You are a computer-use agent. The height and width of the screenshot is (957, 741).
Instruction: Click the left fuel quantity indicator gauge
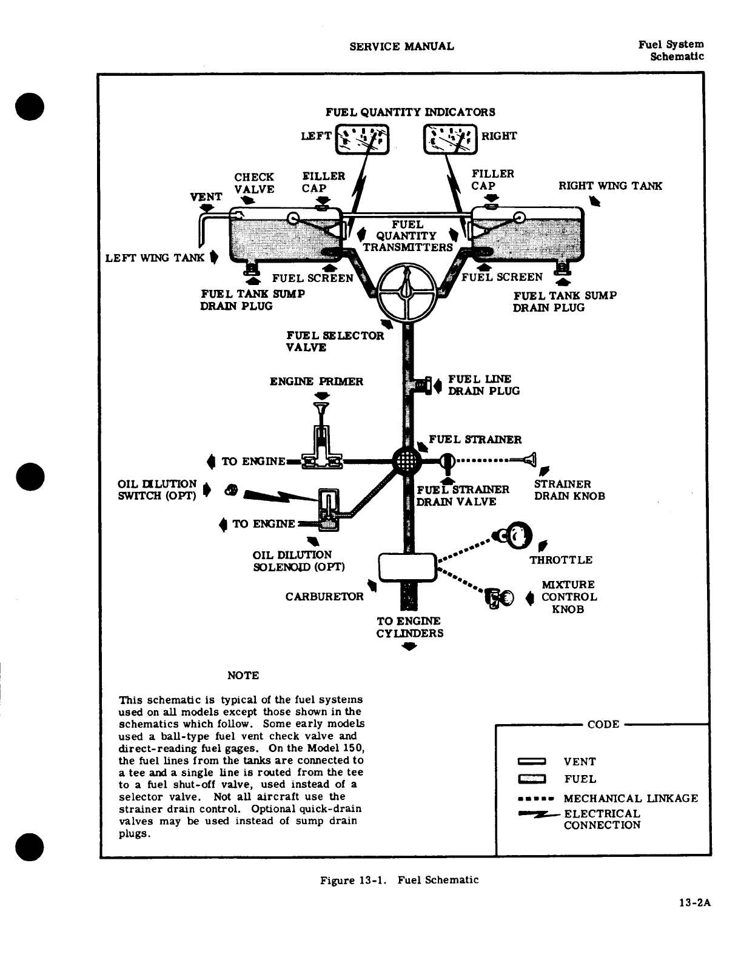(x=362, y=140)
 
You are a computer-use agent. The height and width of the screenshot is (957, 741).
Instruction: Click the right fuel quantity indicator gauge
(x=451, y=139)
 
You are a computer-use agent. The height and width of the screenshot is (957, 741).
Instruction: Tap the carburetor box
(x=407, y=568)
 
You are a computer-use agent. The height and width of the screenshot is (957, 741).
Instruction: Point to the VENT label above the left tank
(x=206, y=197)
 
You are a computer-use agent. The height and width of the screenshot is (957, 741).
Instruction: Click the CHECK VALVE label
(x=254, y=183)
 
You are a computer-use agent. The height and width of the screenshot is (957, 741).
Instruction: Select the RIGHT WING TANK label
(x=610, y=186)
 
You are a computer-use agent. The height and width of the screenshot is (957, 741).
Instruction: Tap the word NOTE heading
(x=243, y=676)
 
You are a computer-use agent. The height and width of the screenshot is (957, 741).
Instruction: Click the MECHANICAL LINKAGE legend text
(x=631, y=799)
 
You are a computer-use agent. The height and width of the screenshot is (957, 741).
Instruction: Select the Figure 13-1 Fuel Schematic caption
(x=399, y=880)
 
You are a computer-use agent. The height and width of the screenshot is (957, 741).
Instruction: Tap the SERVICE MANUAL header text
(x=401, y=46)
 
